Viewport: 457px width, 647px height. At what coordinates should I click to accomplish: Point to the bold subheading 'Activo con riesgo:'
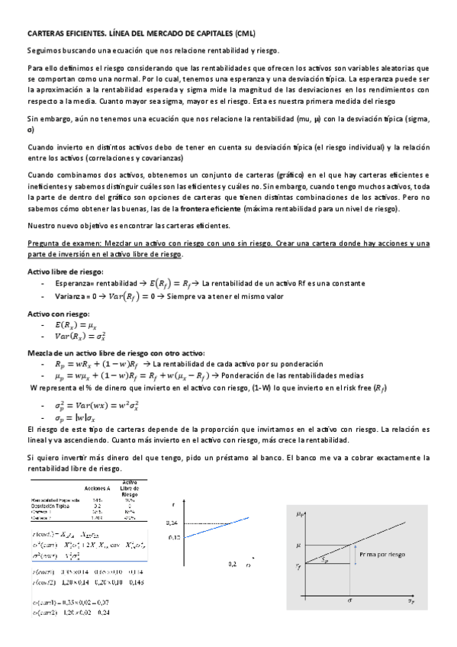58,314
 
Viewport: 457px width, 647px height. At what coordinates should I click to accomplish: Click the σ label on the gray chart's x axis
349,600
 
